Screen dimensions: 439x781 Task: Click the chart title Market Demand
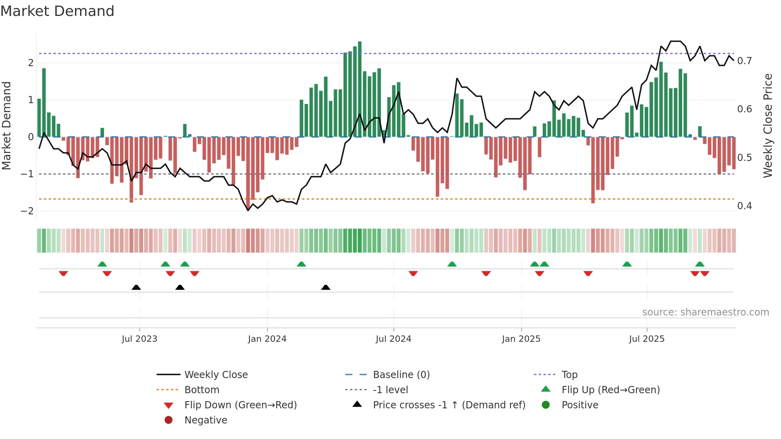click(57, 11)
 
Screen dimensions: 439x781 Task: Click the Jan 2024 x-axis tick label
click(267, 339)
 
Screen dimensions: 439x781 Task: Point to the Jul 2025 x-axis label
click(646, 339)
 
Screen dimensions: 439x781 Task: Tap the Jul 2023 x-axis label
click(139, 339)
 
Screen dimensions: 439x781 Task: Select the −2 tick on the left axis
click(27, 211)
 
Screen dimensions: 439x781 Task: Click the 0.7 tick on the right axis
click(744, 61)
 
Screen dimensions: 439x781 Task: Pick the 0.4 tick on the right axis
click(744, 206)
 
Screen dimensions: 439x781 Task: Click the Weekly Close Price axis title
click(767, 125)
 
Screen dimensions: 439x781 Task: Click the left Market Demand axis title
click(6, 125)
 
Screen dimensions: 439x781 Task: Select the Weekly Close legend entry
click(216, 374)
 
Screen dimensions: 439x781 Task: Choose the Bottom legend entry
click(202, 390)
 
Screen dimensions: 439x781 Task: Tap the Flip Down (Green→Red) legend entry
click(240, 405)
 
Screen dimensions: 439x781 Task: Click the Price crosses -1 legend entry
click(449, 405)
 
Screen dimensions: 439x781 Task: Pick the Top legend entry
click(569, 374)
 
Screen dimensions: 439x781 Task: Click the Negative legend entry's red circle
click(169, 420)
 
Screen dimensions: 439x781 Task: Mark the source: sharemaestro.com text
click(705, 312)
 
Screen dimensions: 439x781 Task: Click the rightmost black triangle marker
click(326, 287)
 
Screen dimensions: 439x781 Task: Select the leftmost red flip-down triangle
click(63, 273)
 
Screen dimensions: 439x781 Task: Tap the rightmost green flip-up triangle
click(700, 264)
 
